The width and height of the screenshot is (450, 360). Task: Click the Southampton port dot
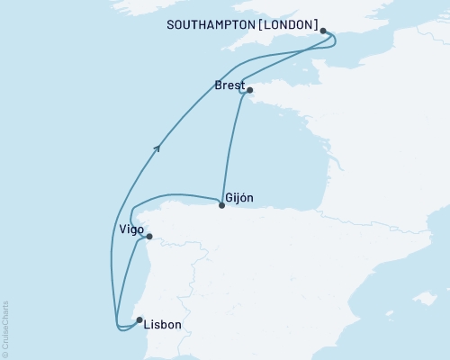[x=323, y=31]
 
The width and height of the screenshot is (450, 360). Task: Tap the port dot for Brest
[x=249, y=90]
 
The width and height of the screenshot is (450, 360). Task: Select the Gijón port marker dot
[x=221, y=205]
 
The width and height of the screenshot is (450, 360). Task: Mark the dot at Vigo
[x=149, y=237]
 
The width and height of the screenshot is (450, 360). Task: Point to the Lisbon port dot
[x=139, y=319]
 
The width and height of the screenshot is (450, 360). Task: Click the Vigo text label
[x=131, y=230]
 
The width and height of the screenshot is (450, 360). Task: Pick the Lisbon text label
[x=163, y=325]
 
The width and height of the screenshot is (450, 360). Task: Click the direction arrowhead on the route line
[x=158, y=148]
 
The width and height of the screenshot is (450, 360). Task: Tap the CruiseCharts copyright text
[x=6, y=328]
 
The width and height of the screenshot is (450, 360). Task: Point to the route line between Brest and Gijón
[x=230, y=148]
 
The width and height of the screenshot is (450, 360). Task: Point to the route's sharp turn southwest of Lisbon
[x=117, y=325]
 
